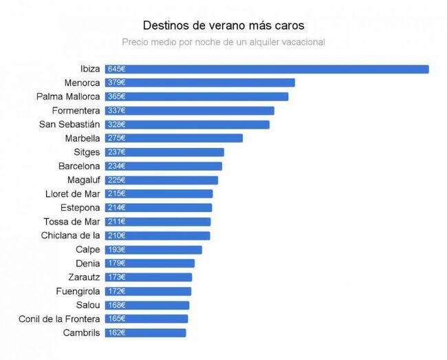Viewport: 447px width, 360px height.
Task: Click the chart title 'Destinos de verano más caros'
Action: (223, 25)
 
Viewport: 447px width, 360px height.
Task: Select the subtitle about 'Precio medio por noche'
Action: (223, 42)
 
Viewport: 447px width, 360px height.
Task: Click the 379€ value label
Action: (117, 83)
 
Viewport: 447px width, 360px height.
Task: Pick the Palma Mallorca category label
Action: (68, 96)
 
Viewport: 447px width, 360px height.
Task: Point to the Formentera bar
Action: (189, 110)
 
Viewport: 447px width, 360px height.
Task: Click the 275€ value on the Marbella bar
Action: (117, 138)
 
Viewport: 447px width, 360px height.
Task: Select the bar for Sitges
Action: (164, 152)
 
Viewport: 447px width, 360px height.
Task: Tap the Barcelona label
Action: (80, 166)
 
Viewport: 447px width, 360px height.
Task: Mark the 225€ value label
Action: (117, 180)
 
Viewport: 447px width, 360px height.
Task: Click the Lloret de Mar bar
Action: (159, 194)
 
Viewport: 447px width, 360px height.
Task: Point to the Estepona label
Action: (80, 208)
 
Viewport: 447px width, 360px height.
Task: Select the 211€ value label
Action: (117, 222)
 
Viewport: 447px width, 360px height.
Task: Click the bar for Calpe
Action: (153, 250)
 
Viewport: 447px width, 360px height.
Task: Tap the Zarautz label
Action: (85, 277)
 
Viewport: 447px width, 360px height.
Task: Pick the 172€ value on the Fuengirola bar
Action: (117, 291)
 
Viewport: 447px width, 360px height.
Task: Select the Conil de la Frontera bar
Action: (146, 319)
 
